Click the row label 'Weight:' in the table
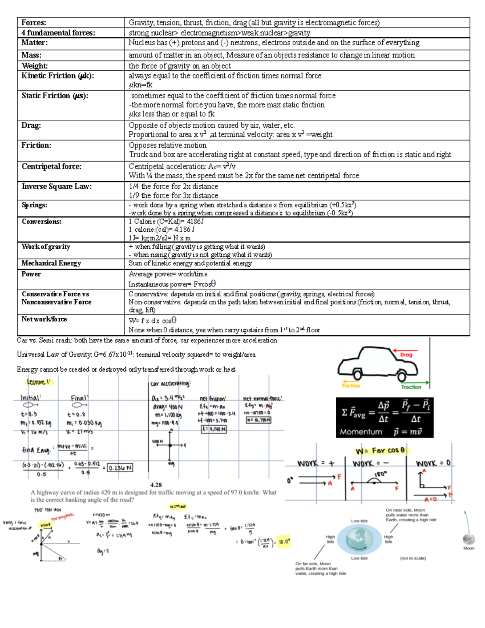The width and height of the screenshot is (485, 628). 35,66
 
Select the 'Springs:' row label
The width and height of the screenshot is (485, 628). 34,205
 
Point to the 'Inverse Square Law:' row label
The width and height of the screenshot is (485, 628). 57,186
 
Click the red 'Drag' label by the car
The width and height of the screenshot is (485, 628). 406,355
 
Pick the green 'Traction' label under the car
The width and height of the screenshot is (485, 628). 411,387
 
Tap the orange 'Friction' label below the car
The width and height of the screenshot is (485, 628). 351,386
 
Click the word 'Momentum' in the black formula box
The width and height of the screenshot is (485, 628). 361,432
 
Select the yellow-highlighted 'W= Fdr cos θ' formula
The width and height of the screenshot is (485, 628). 380,450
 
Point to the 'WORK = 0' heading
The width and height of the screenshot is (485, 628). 433,463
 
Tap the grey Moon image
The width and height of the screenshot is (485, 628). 468,539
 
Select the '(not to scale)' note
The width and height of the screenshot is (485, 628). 413,558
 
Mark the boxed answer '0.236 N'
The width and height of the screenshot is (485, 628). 120,468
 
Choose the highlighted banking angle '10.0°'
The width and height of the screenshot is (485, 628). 284,541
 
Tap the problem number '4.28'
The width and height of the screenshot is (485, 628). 156,484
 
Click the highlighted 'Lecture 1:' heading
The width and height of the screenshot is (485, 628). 39,382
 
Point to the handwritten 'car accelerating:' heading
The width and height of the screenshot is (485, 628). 170,383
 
